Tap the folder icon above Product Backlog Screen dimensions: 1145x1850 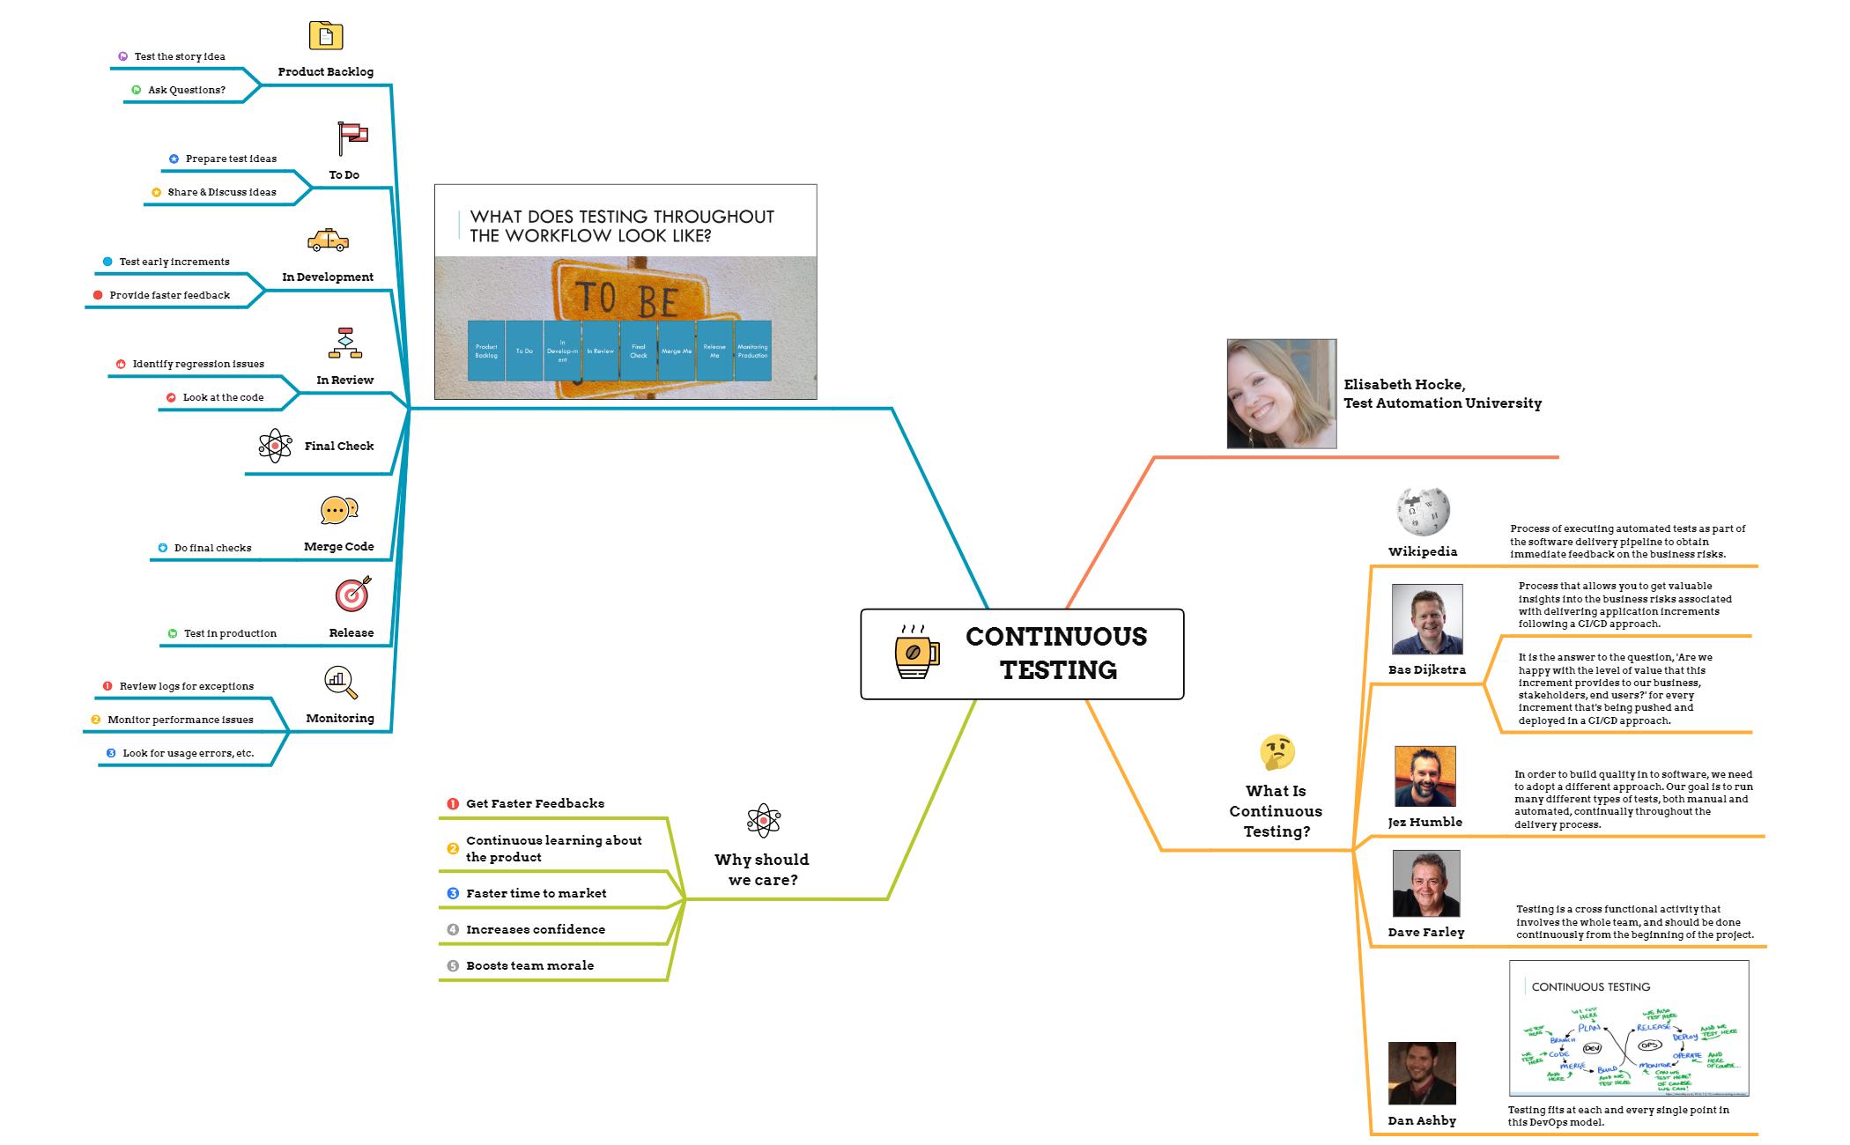click(326, 36)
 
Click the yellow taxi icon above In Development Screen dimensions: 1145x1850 click(329, 240)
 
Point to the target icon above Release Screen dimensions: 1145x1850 click(352, 595)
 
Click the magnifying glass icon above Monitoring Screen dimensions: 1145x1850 click(340, 682)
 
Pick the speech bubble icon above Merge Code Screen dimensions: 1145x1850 click(339, 511)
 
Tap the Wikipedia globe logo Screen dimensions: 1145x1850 click(1422, 512)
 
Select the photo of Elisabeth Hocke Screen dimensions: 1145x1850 click(1282, 394)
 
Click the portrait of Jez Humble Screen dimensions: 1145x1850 click(1424, 776)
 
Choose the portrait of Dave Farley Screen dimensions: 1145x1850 click(1425, 883)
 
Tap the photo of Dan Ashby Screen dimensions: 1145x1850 click(1422, 1073)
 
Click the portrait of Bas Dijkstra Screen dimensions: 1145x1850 click(1427, 619)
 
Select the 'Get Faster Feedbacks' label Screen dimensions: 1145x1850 click(535, 803)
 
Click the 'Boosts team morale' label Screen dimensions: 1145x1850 click(529, 965)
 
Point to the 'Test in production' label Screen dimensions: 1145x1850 click(230, 633)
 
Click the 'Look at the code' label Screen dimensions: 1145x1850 click(223, 397)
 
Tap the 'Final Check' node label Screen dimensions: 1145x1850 click(339, 446)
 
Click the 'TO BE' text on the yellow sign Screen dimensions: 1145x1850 click(626, 299)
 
